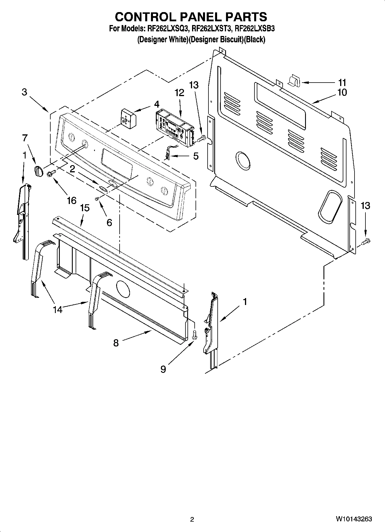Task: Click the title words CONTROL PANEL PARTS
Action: tap(191, 17)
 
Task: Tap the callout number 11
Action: tap(342, 83)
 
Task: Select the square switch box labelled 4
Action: tap(129, 118)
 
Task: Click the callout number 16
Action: tap(72, 200)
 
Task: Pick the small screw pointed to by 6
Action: tap(97, 199)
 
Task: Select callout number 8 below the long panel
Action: tap(116, 343)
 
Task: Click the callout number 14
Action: tap(58, 310)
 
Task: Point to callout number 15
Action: tap(85, 208)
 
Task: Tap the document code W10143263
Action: tap(353, 519)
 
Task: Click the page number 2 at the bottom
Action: tap(192, 519)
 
